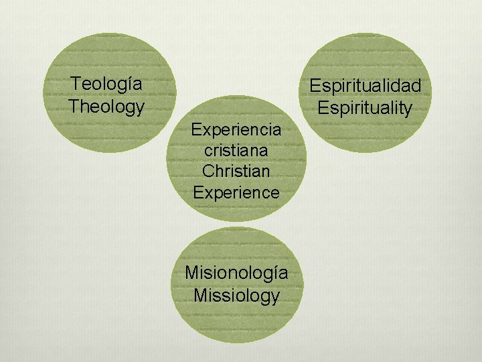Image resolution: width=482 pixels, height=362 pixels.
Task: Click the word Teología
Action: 106,84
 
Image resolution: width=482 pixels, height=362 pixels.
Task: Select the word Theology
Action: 106,106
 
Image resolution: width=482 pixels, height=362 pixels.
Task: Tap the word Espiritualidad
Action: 365,86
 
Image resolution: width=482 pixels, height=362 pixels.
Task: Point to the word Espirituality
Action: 365,107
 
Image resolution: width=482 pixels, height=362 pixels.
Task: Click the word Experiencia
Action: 236,129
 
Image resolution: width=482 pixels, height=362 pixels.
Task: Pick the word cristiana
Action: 236,149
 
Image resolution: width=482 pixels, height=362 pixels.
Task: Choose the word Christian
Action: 236,171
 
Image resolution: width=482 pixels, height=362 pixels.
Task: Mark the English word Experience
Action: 236,192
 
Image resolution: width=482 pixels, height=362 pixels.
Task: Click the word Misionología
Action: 236,273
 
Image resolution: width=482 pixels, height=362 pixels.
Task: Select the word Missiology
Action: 236,295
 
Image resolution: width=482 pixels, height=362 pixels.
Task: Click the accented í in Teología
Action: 125,84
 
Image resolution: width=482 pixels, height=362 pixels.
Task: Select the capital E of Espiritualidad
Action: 314,86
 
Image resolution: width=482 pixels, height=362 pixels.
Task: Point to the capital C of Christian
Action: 208,171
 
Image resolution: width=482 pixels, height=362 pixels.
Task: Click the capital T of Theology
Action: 74,106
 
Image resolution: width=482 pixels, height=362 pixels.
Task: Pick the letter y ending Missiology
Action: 274,297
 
